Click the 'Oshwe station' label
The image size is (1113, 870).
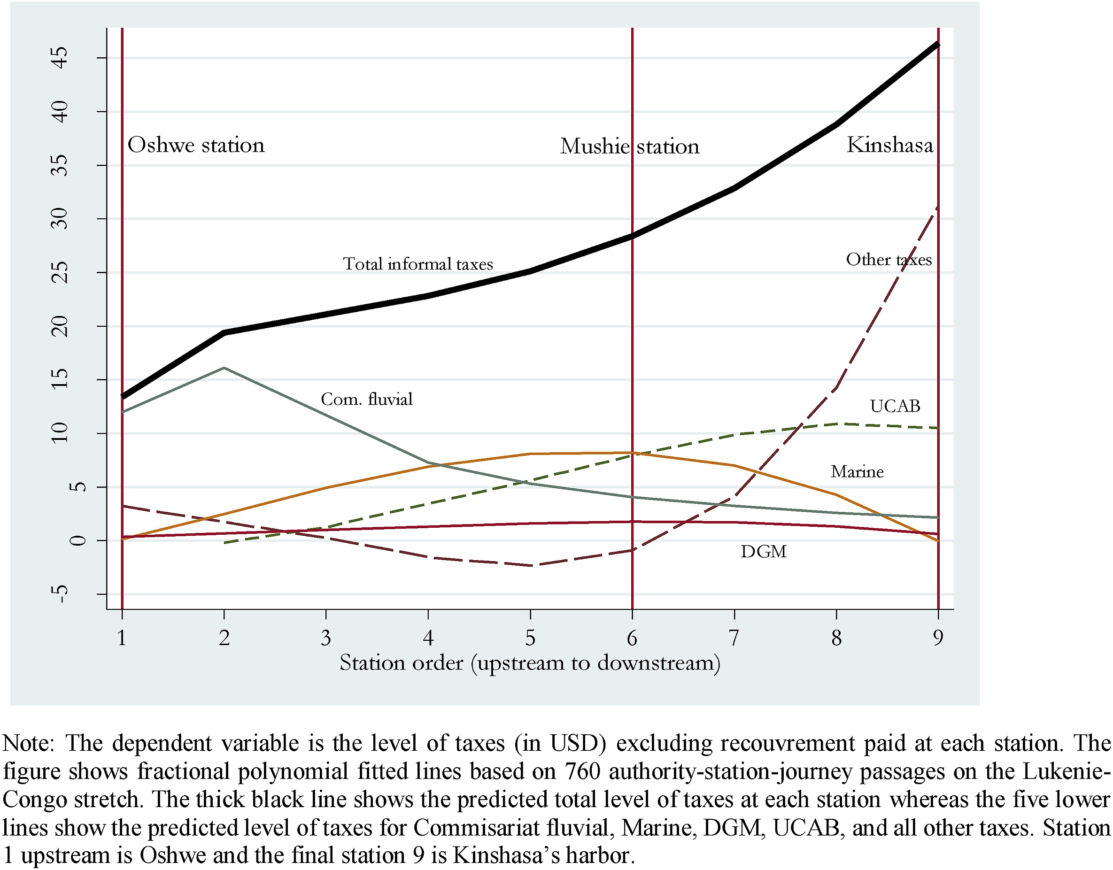(196, 145)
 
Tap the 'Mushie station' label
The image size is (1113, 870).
(629, 146)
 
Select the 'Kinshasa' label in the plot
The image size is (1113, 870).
(889, 145)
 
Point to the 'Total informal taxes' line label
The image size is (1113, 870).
(418, 264)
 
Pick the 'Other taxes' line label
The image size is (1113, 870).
(889, 260)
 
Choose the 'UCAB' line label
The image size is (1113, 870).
(895, 406)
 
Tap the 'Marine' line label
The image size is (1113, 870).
(857, 472)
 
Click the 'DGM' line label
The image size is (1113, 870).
(764, 552)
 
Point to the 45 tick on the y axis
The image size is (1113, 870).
(60, 58)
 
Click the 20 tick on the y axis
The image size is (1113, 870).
(60, 326)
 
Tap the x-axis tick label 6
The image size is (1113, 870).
(632, 638)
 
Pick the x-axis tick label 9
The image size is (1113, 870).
(938, 638)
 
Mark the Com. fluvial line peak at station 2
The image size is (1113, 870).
(224, 368)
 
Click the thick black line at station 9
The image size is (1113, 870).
(938, 45)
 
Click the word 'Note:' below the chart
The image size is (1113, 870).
(29, 744)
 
